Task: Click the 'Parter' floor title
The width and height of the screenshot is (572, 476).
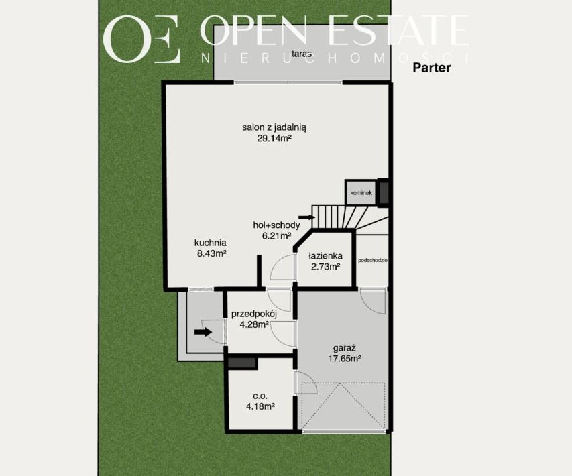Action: [x=432, y=68]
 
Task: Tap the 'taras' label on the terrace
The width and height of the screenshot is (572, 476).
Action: [x=302, y=54]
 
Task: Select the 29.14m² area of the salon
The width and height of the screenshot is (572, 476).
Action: [x=274, y=139]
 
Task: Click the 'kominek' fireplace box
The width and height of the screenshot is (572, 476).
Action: [x=361, y=192]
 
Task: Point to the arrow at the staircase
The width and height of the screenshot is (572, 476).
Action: [x=308, y=217]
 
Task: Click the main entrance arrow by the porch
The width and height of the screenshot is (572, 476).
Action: [x=203, y=332]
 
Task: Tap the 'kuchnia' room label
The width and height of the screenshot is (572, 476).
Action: [x=211, y=243]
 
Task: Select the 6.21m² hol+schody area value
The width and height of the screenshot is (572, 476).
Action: [x=276, y=235]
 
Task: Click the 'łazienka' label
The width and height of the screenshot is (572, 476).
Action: [x=325, y=256]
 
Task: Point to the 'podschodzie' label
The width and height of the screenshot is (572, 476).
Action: [x=372, y=260]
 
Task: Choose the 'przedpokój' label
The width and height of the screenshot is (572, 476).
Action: [x=254, y=314]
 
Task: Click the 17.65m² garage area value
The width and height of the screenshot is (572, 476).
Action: [x=345, y=359]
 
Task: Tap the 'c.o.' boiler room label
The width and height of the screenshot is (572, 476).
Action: [x=260, y=396]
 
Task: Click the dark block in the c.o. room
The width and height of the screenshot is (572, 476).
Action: [x=242, y=363]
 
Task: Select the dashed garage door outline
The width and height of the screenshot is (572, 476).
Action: [x=343, y=407]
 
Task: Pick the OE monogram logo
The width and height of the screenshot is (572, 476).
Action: [x=142, y=39]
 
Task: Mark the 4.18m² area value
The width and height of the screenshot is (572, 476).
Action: [x=260, y=406]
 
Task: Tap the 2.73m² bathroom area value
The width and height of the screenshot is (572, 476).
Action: [x=325, y=267]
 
